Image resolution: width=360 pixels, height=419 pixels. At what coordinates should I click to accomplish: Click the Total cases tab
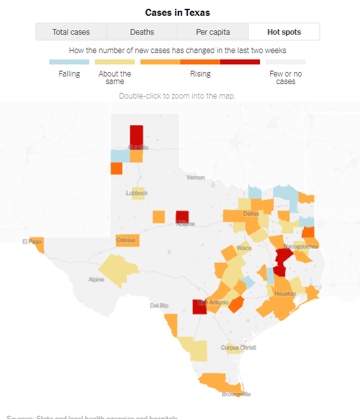pyautogui.click(x=71, y=32)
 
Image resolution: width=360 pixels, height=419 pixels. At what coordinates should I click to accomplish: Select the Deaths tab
pyautogui.click(x=142, y=32)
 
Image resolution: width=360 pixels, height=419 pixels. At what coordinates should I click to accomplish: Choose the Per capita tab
pyautogui.click(x=213, y=32)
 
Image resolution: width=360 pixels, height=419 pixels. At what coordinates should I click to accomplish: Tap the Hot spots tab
pyautogui.click(x=284, y=32)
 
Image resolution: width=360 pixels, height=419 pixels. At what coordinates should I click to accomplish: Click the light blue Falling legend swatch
pyautogui.click(x=69, y=62)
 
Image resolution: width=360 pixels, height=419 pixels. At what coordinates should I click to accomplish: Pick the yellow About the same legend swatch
pyautogui.click(x=115, y=62)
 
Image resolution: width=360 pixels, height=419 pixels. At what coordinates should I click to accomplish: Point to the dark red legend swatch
pyautogui.click(x=240, y=62)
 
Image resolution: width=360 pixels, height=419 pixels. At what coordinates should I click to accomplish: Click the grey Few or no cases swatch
pyautogui.click(x=285, y=62)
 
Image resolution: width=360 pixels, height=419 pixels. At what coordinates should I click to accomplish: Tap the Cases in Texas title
pyautogui.click(x=177, y=13)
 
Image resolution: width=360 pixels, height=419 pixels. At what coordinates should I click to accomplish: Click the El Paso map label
pyautogui.click(x=32, y=241)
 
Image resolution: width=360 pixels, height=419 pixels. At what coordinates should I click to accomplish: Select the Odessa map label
pyautogui.click(x=126, y=241)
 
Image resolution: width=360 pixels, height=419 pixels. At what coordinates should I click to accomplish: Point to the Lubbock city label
pyautogui.click(x=137, y=193)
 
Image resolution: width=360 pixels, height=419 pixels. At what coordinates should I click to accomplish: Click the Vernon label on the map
pyautogui.click(x=196, y=178)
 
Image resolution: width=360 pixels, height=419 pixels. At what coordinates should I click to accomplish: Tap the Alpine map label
pyautogui.click(x=96, y=279)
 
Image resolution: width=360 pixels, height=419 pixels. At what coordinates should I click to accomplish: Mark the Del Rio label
pyautogui.click(x=159, y=305)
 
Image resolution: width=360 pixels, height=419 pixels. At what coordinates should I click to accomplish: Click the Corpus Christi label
pyautogui.click(x=238, y=348)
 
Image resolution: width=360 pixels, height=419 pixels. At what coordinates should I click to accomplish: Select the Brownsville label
pyautogui.click(x=236, y=394)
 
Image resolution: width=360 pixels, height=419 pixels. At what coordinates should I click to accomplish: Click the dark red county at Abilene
pyautogui.click(x=182, y=217)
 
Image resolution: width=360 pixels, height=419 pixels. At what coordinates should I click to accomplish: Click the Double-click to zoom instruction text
pyautogui.click(x=177, y=95)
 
